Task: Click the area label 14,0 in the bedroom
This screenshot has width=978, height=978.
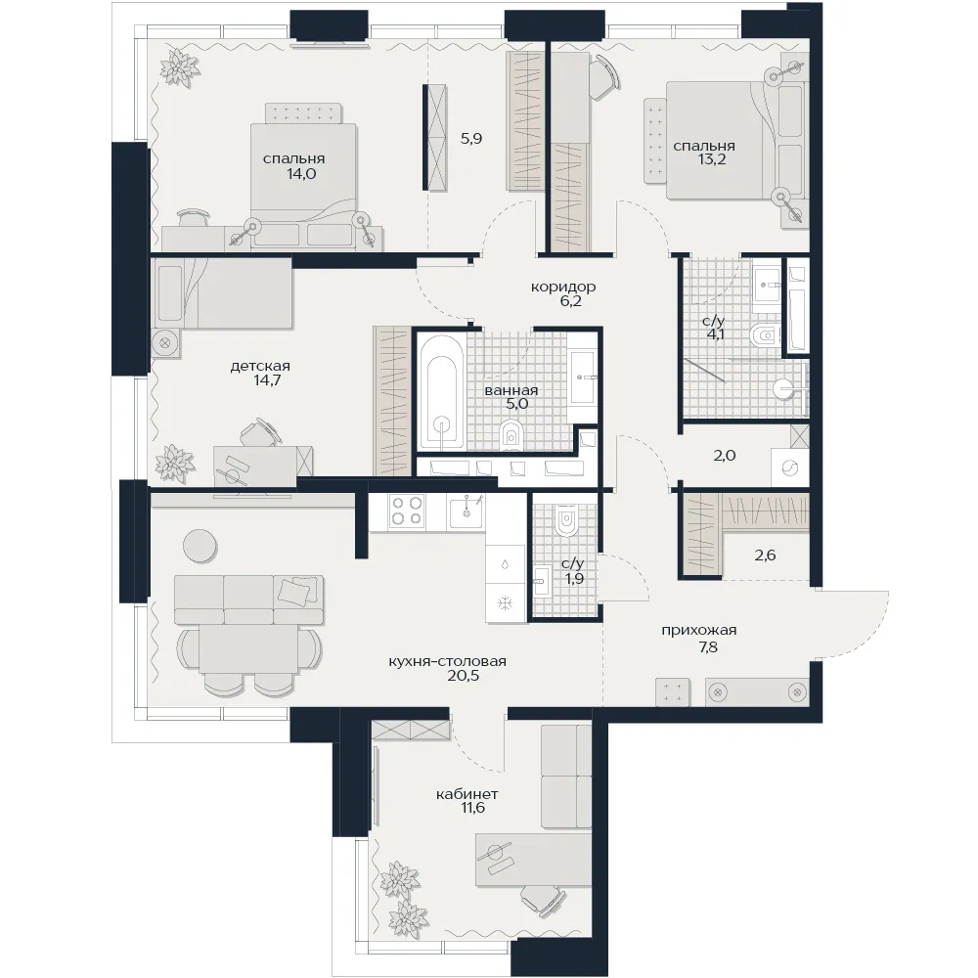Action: click(x=301, y=174)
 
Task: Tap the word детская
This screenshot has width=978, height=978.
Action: click(x=260, y=366)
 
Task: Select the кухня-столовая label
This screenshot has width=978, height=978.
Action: click(x=447, y=661)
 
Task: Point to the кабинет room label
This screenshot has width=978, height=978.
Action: click(x=467, y=794)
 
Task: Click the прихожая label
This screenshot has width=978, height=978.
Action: click(x=699, y=631)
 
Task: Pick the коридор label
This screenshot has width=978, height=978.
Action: click(x=563, y=287)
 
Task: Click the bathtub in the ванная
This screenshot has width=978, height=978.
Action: click(x=442, y=392)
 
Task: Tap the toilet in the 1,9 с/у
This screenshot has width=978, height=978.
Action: click(x=566, y=519)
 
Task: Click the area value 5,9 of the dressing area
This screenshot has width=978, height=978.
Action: click(x=471, y=139)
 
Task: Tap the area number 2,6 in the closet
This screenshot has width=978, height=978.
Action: click(x=766, y=556)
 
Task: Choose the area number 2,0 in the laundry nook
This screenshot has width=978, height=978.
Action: click(x=724, y=456)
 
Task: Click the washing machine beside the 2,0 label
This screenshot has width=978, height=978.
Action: click(x=789, y=467)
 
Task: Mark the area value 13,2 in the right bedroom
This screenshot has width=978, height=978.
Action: click(x=712, y=159)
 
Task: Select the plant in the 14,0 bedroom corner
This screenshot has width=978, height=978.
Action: click(x=180, y=67)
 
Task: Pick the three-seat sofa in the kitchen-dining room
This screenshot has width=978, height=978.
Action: click(x=248, y=600)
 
